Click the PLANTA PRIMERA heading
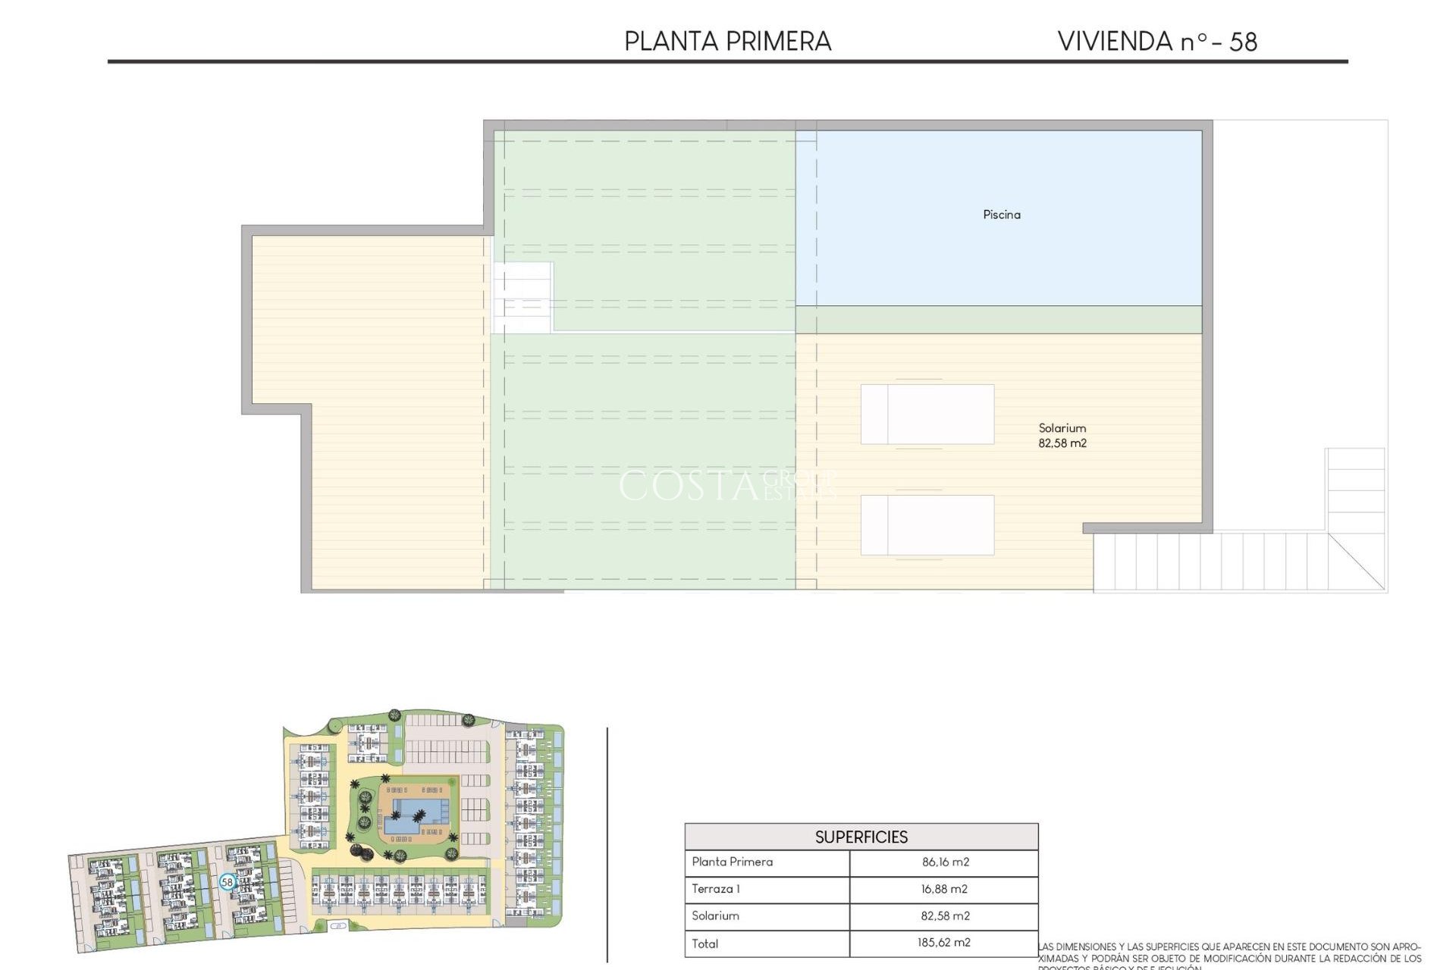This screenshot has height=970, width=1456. tap(727, 41)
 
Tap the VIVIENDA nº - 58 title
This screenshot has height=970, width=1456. tap(1156, 41)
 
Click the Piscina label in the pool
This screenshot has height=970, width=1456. tap(1001, 214)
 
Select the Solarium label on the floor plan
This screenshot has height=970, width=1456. tap(1062, 428)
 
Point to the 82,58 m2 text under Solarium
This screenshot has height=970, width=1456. tap(1062, 443)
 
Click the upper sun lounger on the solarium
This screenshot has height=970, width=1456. tap(927, 414)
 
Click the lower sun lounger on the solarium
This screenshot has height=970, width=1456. tap(927, 524)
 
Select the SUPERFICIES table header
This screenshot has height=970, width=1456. tap(861, 837)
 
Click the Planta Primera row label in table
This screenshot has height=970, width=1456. tap(732, 862)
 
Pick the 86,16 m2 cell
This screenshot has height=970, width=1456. tap(945, 862)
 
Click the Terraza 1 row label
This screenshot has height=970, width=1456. tap(715, 889)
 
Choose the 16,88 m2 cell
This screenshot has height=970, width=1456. tap(944, 889)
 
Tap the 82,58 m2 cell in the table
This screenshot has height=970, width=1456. tap(945, 915)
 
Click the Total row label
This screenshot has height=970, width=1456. tap(704, 943)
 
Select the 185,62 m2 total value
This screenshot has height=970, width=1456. tap(943, 943)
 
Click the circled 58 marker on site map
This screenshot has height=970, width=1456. tap(227, 882)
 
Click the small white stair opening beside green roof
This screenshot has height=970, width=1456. tap(522, 297)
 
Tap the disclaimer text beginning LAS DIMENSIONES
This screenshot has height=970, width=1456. tap(1228, 953)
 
